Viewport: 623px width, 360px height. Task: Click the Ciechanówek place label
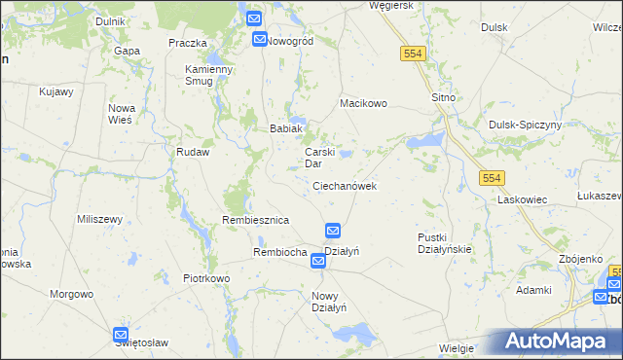tap(345, 185)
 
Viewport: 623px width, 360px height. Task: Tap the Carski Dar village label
tap(320, 158)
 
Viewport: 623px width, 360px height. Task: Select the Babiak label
tap(287, 128)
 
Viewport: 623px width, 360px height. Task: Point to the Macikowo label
tap(363, 102)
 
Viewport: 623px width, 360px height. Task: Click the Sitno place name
tap(444, 98)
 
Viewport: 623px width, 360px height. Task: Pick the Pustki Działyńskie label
tap(444, 242)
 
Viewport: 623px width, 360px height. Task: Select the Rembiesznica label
tap(256, 221)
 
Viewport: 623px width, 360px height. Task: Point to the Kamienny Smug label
tap(209, 75)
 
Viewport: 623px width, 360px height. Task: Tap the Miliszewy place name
tap(99, 219)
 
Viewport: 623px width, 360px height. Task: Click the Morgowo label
tap(72, 293)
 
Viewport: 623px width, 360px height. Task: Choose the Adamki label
tap(534, 290)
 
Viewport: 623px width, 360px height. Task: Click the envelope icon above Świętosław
tap(120, 334)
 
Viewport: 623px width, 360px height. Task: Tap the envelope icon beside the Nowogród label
tap(260, 40)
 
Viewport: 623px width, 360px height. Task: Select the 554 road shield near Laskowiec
tap(491, 177)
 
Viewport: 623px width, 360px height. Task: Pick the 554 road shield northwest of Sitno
tap(412, 54)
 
